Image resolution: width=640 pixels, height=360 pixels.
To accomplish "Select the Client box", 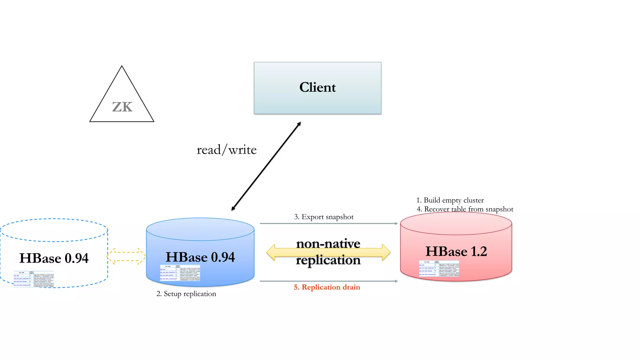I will (x=317, y=88).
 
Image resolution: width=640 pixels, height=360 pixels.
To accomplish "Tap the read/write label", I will (x=227, y=150).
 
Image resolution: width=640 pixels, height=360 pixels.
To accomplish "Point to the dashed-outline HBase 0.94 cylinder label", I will (x=54, y=258).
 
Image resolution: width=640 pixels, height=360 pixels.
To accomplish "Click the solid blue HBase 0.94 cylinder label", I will (x=200, y=257).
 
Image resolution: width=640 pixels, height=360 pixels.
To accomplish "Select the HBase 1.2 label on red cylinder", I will (x=456, y=252).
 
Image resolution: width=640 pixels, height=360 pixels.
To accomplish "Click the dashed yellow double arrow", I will (x=126, y=256).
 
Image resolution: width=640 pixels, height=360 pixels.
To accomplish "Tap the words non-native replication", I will (x=328, y=252).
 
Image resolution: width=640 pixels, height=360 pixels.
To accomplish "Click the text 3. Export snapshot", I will (x=324, y=217).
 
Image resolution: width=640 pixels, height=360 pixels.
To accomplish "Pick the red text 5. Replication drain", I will (x=327, y=287).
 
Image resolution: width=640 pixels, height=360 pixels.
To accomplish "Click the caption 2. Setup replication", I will (x=186, y=294).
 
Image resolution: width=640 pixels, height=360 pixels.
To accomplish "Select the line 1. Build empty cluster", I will (x=450, y=200).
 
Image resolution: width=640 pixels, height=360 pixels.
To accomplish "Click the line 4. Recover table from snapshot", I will (x=465, y=209).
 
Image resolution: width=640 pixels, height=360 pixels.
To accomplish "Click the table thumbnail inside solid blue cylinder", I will (x=180, y=273).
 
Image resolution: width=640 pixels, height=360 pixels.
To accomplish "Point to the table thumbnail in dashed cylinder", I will (x=34, y=279).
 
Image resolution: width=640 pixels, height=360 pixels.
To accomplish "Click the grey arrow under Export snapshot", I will (x=328, y=223).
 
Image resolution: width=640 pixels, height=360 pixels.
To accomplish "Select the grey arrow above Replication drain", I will (x=328, y=281).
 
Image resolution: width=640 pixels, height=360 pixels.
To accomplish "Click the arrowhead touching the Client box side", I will (x=299, y=124).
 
